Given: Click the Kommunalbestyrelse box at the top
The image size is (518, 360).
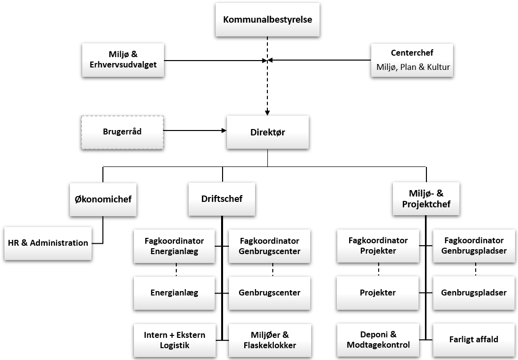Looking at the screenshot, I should click(x=268, y=20).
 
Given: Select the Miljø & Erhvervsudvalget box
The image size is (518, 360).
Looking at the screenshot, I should click(x=123, y=61).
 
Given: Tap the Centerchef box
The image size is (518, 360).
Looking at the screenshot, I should click(x=412, y=61).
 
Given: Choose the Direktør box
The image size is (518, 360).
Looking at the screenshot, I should click(x=268, y=132).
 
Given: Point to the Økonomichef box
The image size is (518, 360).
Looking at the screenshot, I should click(x=102, y=199).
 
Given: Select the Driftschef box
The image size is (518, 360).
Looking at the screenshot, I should click(x=222, y=199).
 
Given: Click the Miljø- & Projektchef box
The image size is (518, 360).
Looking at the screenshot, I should click(x=426, y=199).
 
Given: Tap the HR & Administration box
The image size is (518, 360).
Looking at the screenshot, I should click(x=48, y=243).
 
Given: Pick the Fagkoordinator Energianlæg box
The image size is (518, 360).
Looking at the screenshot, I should click(x=174, y=246).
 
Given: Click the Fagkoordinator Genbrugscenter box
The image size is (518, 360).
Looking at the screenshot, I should click(x=269, y=246).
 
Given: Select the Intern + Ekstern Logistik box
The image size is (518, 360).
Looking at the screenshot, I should click(x=174, y=340).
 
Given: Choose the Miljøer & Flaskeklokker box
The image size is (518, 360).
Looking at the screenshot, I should click(x=269, y=340).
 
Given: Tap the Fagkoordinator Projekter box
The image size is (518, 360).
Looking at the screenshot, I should click(x=378, y=245).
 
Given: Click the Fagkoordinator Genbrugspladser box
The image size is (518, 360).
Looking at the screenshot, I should click(x=474, y=245).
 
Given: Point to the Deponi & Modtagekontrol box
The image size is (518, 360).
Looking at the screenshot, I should click(x=378, y=340).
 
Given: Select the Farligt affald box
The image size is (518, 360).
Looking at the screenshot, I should click(x=474, y=339).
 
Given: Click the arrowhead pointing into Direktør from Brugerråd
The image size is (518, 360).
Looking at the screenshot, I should click(x=223, y=131).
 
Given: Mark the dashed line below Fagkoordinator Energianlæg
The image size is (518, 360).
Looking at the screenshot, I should click(x=176, y=270).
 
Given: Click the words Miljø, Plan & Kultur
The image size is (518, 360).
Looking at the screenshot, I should click(x=412, y=67).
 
